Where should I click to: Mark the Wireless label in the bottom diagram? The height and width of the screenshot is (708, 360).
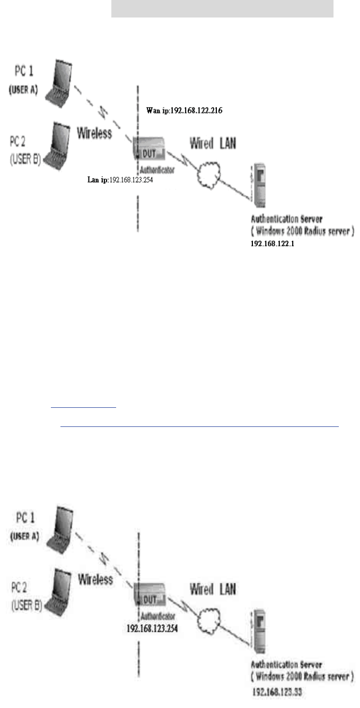pos(95,579)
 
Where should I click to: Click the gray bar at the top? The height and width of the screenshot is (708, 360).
pos(222,8)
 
